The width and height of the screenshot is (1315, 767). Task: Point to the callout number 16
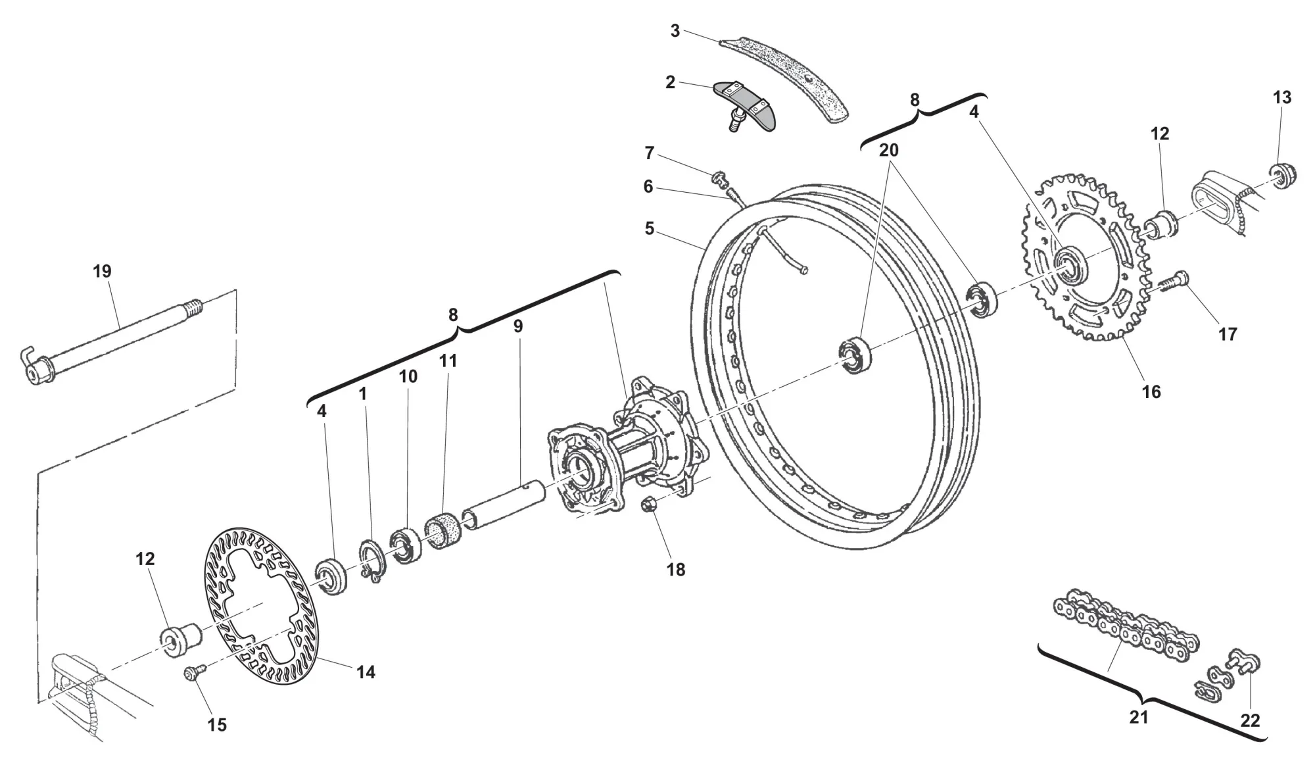[1151, 391]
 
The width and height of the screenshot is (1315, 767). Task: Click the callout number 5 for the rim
[650, 229]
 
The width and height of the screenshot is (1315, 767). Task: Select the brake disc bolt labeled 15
[194, 673]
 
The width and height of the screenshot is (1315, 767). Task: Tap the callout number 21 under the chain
[1138, 717]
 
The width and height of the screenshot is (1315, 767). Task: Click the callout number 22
[1250, 721]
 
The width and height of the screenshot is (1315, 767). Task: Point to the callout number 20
[888, 150]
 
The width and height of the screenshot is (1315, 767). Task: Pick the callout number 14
[366, 672]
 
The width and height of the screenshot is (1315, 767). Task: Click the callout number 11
[448, 360]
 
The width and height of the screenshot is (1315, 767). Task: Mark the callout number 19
[103, 271]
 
